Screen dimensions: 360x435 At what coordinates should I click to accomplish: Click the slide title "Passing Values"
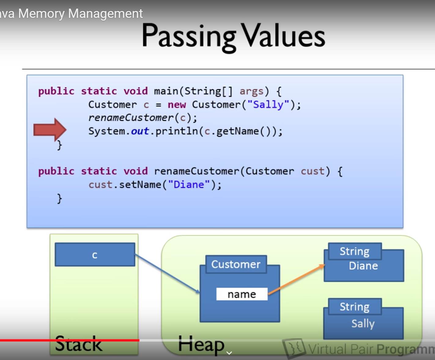[233, 36]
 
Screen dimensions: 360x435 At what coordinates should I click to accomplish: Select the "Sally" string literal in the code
[268, 105]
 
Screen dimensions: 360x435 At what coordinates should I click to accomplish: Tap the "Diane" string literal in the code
[189, 185]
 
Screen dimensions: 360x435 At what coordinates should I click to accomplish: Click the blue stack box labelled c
[95, 254]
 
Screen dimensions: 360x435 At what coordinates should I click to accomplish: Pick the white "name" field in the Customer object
[241, 294]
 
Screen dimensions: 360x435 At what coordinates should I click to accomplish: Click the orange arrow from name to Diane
[296, 279]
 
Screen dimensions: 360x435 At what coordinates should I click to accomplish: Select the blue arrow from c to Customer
[167, 273]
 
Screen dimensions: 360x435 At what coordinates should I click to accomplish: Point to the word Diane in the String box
[363, 266]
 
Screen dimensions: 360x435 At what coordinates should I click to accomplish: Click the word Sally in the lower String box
[363, 323]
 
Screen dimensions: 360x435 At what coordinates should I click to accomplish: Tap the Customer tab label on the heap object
[236, 264]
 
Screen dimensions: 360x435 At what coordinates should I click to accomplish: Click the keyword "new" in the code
[177, 105]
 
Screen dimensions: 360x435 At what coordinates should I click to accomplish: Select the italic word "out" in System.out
[140, 131]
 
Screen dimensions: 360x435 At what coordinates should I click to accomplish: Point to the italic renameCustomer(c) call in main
[142, 118]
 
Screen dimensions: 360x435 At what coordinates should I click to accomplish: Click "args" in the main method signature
[251, 91]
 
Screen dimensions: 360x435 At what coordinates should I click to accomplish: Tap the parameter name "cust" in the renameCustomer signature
[312, 171]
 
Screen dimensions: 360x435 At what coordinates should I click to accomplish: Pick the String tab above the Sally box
[355, 307]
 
